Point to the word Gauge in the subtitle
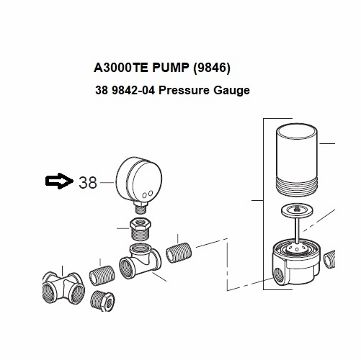pos(230,91)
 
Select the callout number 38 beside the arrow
pos(87,183)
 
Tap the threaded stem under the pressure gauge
pos(138,207)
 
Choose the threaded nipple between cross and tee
pos(102,275)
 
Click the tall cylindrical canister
pos(297,155)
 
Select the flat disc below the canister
pos(296,211)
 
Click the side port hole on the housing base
pos(277,274)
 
